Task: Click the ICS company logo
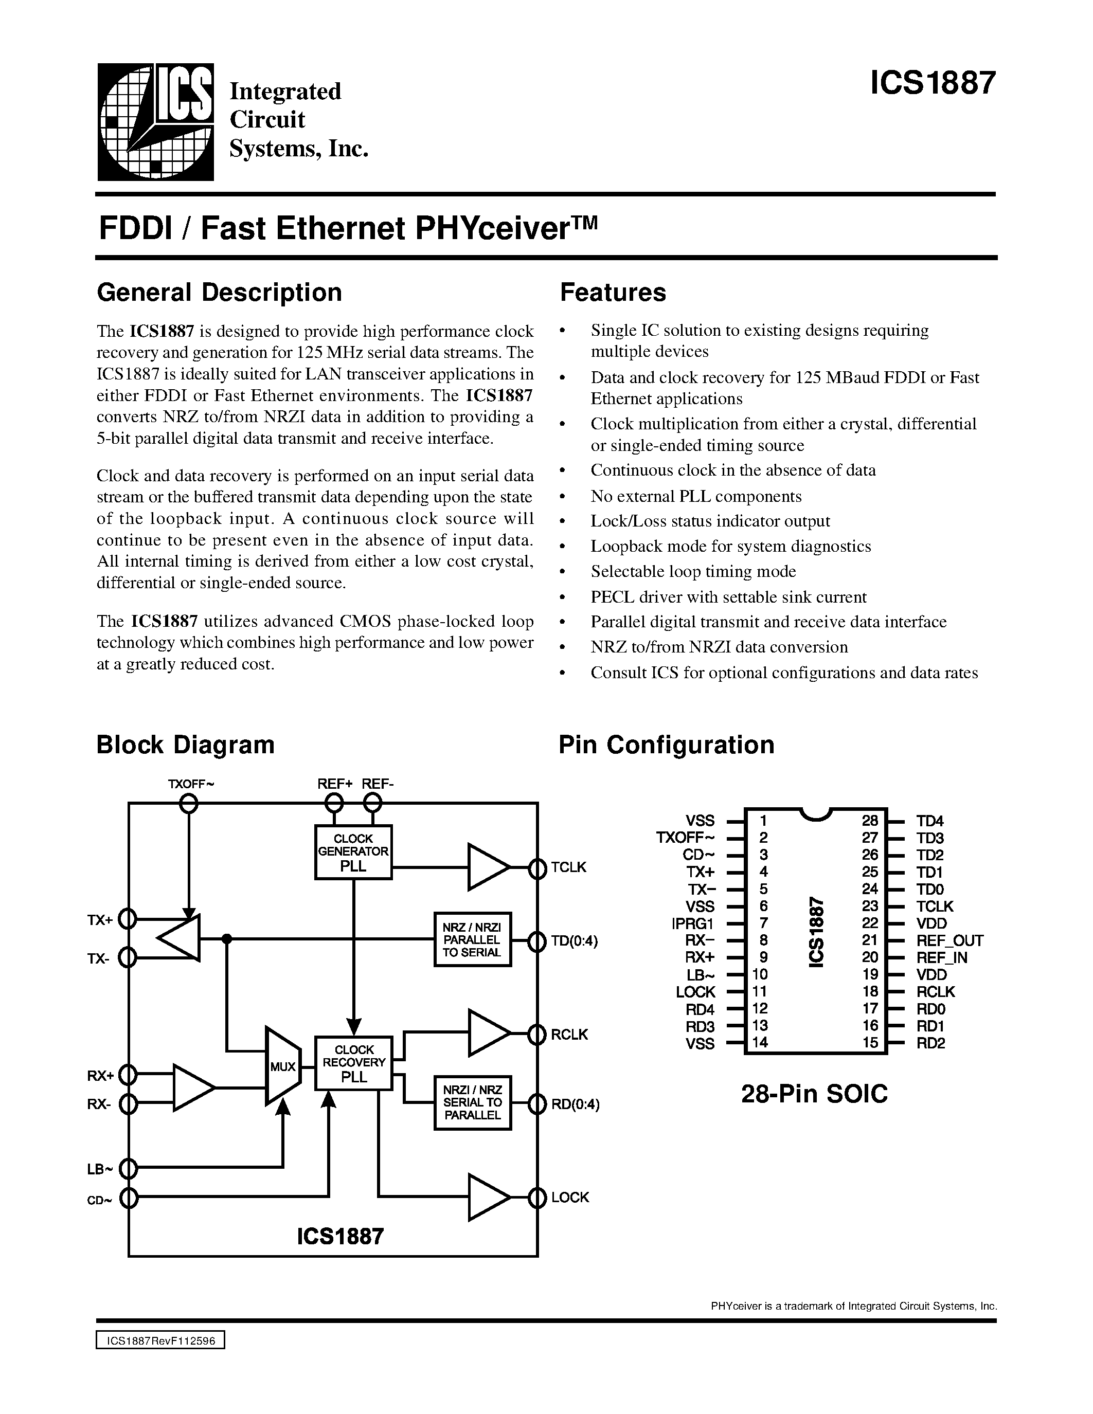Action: tap(155, 122)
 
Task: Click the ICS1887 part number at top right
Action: tap(932, 83)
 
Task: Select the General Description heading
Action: tap(219, 293)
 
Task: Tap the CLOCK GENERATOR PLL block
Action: tap(353, 852)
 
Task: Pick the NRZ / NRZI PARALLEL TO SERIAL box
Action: tap(472, 939)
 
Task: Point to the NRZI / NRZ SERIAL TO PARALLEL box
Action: tap(472, 1102)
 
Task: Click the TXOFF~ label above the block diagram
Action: tap(190, 784)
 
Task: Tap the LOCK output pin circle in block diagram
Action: tap(537, 1197)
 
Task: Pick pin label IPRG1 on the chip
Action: tap(693, 924)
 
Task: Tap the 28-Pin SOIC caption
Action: tap(814, 1094)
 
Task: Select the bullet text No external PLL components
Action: tap(695, 496)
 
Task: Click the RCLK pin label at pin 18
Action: tap(935, 992)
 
